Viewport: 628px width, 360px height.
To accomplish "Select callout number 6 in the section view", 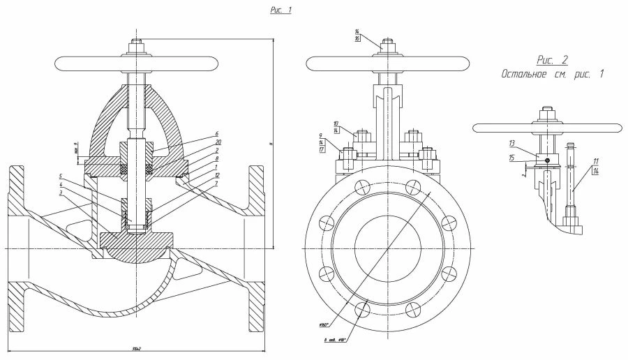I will coord(218,133).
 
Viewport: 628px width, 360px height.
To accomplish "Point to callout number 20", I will coord(218,142).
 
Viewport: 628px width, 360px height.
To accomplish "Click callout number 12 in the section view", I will coord(218,175).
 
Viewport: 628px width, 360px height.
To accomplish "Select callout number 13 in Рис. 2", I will coord(511,143).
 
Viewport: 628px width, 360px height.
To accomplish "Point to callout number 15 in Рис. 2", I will coord(511,158).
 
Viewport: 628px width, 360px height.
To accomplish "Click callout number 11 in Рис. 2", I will coord(595,161).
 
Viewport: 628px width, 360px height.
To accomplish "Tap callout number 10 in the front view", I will coord(356,123).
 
